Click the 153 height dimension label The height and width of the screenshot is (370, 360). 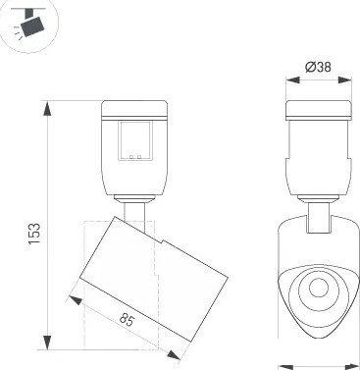34,234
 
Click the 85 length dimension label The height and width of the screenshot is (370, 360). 127,320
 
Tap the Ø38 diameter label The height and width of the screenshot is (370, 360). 318,67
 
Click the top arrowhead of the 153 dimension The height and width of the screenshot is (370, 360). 48,109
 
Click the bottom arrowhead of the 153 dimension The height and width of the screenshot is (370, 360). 48,343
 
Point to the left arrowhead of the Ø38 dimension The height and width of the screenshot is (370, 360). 292,80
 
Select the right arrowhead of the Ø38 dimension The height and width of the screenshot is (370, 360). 345,80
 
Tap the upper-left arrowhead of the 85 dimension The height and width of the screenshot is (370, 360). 75,299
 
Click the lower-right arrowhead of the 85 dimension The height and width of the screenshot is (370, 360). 174,355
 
